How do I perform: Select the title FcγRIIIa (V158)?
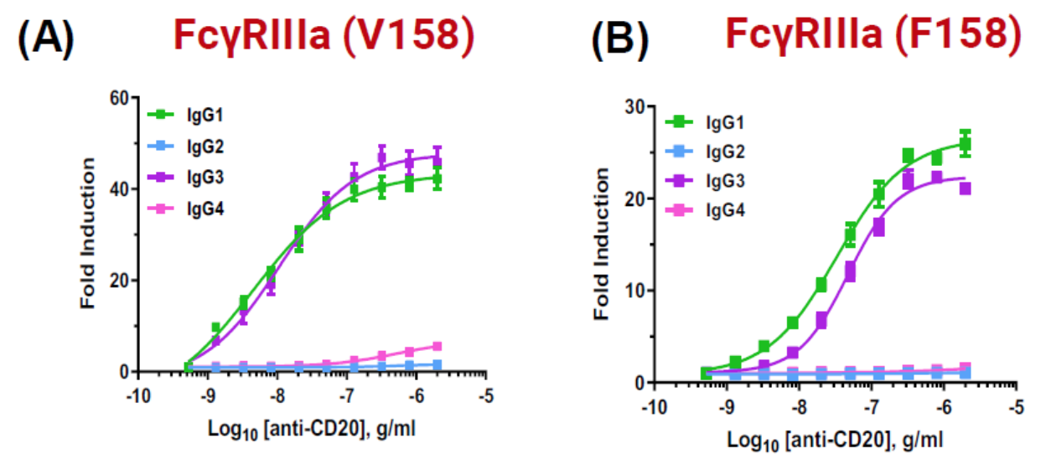point(325,34)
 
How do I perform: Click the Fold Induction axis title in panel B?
point(600,245)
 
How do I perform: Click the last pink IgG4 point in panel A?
point(460,346)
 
